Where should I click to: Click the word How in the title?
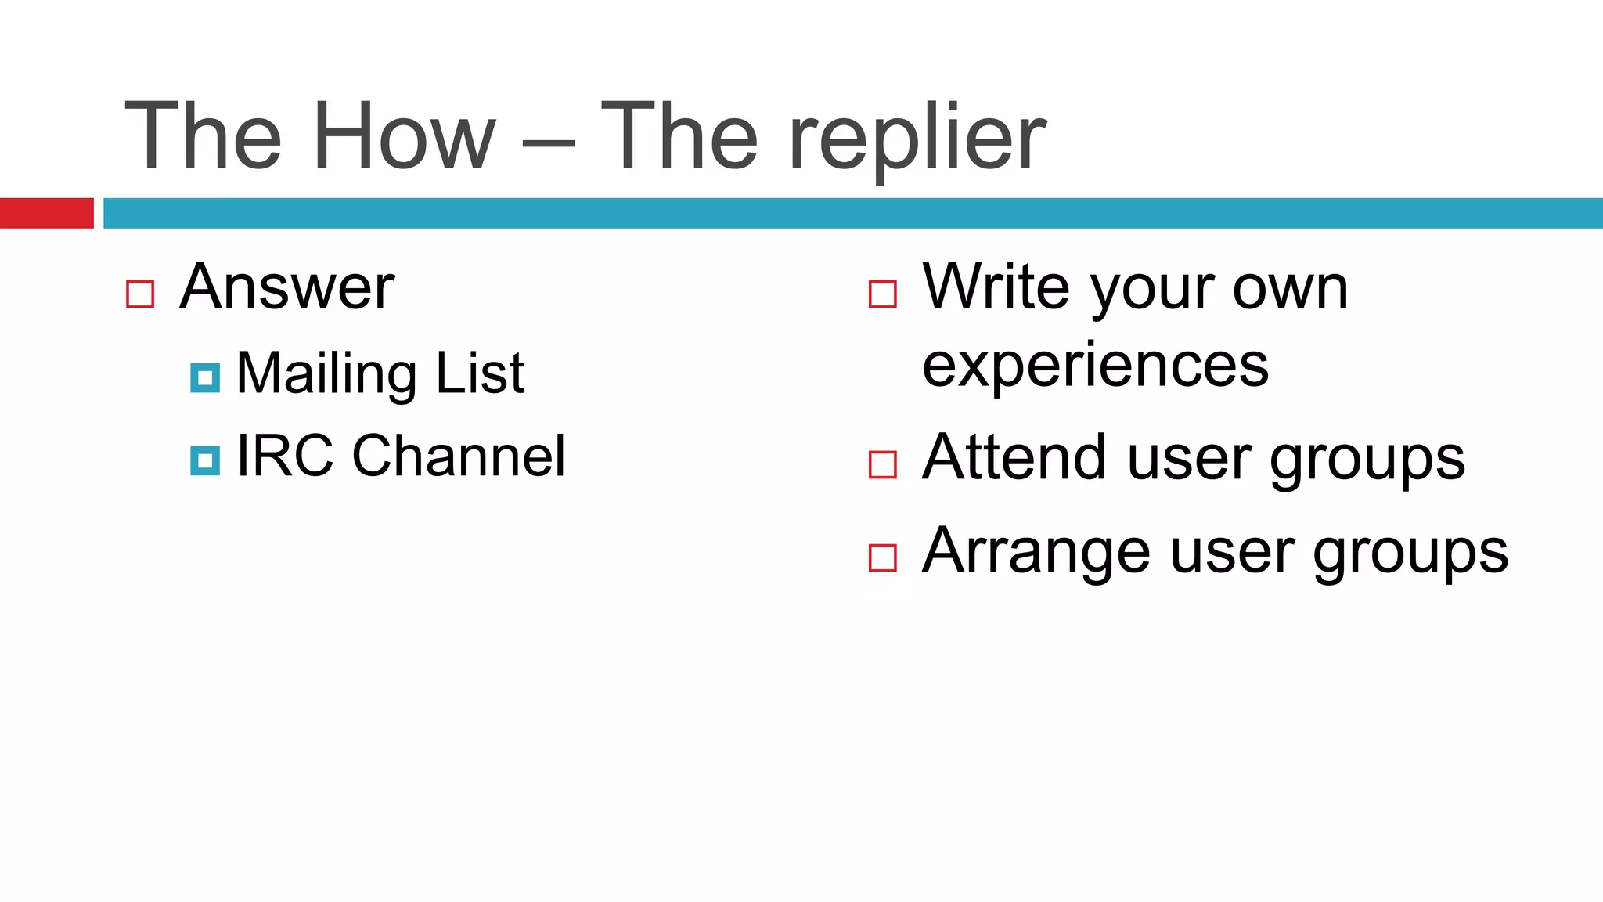(x=404, y=137)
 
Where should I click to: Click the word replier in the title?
(x=917, y=139)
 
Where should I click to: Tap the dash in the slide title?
(x=548, y=145)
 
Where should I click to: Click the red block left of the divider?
(x=46, y=213)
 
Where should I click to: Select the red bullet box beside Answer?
(x=140, y=294)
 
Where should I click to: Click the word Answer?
(x=286, y=287)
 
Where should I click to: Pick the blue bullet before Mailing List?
(x=205, y=378)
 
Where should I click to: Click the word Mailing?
(x=326, y=374)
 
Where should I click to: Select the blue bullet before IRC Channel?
(x=205, y=461)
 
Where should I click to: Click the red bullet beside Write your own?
(x=882, y=294)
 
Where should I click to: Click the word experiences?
(x=1095, y=366)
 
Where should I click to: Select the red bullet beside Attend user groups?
(x=882, y=464)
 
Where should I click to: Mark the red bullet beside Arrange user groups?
(x=882, y=558)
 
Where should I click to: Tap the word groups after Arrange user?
(x=1410, y=554)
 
